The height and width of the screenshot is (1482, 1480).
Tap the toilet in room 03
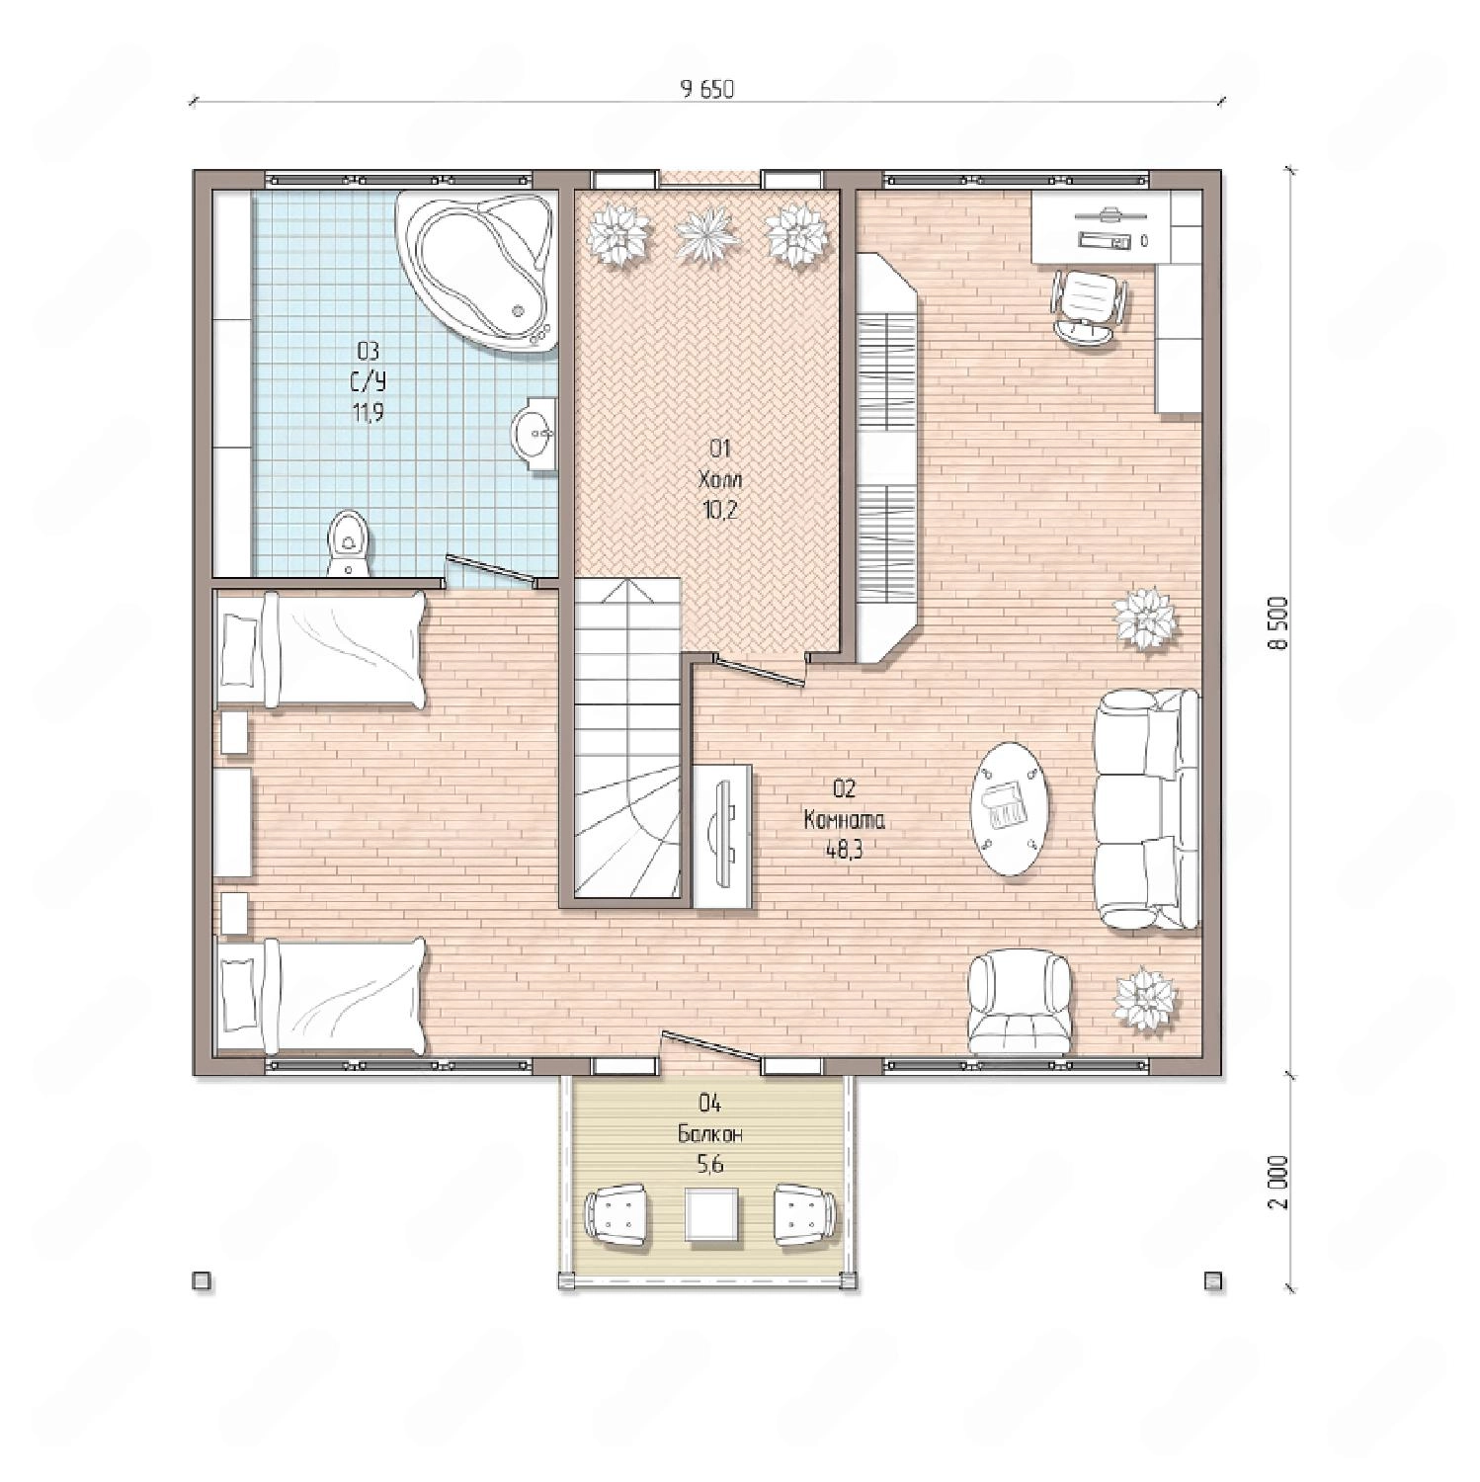[347, 542]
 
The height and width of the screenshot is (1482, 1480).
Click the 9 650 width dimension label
[707, 89]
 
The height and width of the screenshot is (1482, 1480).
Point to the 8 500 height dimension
[1280, 622]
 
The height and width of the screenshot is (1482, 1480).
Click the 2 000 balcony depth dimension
[1280, 1182]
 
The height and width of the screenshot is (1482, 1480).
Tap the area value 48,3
[845, 850]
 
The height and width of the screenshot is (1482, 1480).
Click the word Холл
[720, 480]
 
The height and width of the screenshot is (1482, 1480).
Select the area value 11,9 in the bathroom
[368, 413]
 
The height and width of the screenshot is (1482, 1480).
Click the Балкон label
[710, 1134]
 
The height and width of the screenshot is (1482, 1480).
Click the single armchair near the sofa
[1020, 1002]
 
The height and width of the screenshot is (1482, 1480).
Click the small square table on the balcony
[711, 1214]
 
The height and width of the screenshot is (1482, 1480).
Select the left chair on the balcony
[617, 1214]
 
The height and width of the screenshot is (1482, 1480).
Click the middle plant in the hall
[707, 234]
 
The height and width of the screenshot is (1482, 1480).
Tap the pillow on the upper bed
[238, 649]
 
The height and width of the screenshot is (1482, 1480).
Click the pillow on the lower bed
[238, 995]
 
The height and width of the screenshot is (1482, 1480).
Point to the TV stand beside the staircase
[722, 836]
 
